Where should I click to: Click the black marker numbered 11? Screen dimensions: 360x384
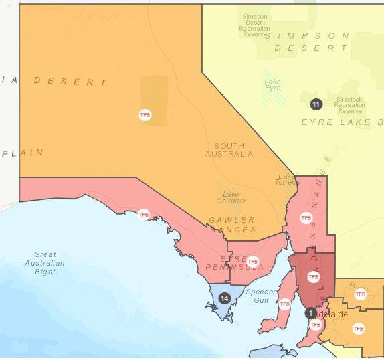[316, 104]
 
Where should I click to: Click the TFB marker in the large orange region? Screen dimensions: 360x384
[145, 115]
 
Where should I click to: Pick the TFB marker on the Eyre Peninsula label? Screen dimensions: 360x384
[252, 261]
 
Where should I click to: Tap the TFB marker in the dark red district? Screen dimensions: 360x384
[313, 276]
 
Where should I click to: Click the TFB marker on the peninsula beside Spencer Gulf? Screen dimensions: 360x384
[285, 304]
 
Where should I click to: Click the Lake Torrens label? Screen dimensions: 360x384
[286, 179]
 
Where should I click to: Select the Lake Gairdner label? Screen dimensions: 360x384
[231, 197]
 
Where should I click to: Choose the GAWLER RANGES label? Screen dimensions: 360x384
[231, 225]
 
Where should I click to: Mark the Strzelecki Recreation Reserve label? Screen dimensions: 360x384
[349, 105]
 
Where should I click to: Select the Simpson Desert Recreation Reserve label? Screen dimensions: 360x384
[255, 24]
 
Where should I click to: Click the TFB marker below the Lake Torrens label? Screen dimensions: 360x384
[306, 218]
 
